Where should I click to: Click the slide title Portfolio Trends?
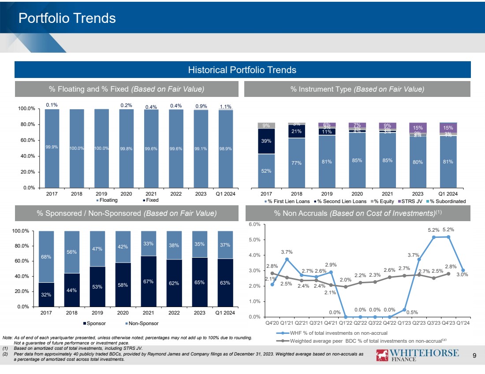click(67, 18)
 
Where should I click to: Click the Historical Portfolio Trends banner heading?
click(242, 70)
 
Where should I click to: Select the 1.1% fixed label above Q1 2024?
click(225, 106)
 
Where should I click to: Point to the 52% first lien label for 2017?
click(266, 170)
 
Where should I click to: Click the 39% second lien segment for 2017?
click(266, 141)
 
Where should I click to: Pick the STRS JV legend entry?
click(413, 201)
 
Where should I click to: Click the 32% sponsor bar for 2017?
click(47, 294)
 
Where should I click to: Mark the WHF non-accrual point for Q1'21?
click(287, 259)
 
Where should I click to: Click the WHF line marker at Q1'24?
click(463, 270)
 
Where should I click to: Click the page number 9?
click(475, 355)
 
